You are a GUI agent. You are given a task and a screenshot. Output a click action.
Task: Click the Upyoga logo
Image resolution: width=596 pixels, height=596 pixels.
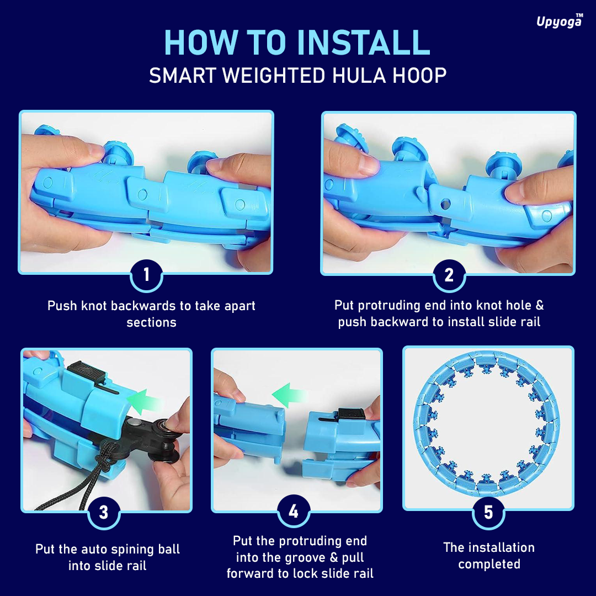point(560,22)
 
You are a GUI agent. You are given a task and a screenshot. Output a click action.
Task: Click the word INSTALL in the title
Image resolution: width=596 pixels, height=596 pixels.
point(363,42)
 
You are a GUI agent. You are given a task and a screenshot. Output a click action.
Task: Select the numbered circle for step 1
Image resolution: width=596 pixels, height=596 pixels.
point(146,275)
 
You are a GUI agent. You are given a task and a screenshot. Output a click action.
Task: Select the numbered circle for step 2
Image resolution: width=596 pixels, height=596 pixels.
point(449,275)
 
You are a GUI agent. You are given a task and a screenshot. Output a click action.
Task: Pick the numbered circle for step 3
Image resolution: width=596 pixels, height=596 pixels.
point(104,512)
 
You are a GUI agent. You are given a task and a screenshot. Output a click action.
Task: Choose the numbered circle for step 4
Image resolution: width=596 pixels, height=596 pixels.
point(294,511)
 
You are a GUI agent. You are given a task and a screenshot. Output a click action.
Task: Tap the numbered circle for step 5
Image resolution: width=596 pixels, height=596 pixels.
point(488,512)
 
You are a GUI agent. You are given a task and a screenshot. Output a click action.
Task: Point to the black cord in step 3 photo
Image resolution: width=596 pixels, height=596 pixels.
point(84,479)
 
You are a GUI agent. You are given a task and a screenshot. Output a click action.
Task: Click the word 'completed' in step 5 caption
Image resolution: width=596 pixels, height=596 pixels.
point(489,565)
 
